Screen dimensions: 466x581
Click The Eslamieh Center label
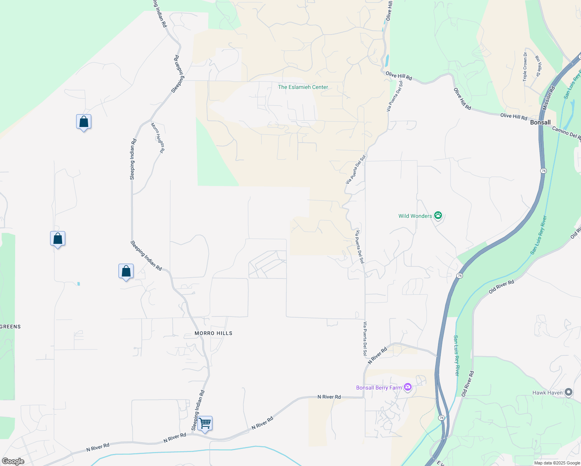[x=303, y=87]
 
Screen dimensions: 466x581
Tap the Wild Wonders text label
[x=415, y=216]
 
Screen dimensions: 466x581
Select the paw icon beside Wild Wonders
[x=438, y=216]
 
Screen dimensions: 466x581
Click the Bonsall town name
[x=540, y=122]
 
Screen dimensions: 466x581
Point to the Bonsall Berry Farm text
[x=379, y=388]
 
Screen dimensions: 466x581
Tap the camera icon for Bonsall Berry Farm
[x=407, y=387]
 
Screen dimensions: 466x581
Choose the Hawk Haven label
[x=547, y=393]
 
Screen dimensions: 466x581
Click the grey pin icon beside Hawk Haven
[x=569, y=393]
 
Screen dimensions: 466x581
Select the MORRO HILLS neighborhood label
[x=213, y=333]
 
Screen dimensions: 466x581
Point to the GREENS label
[x=10, y=327]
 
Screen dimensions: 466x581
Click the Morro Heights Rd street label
[x=158, y=137]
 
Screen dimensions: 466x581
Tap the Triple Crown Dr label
[x=525, y=67]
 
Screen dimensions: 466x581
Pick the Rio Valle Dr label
[x=538, y=66]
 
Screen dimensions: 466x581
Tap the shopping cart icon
[x=205, y=423]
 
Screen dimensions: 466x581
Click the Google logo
[x=13, y=461]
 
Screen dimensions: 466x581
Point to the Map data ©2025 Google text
[x=557, y=463]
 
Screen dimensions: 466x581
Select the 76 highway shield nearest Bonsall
[x=543, y=171]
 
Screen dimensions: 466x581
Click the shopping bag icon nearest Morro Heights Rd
[x=83, y=122]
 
